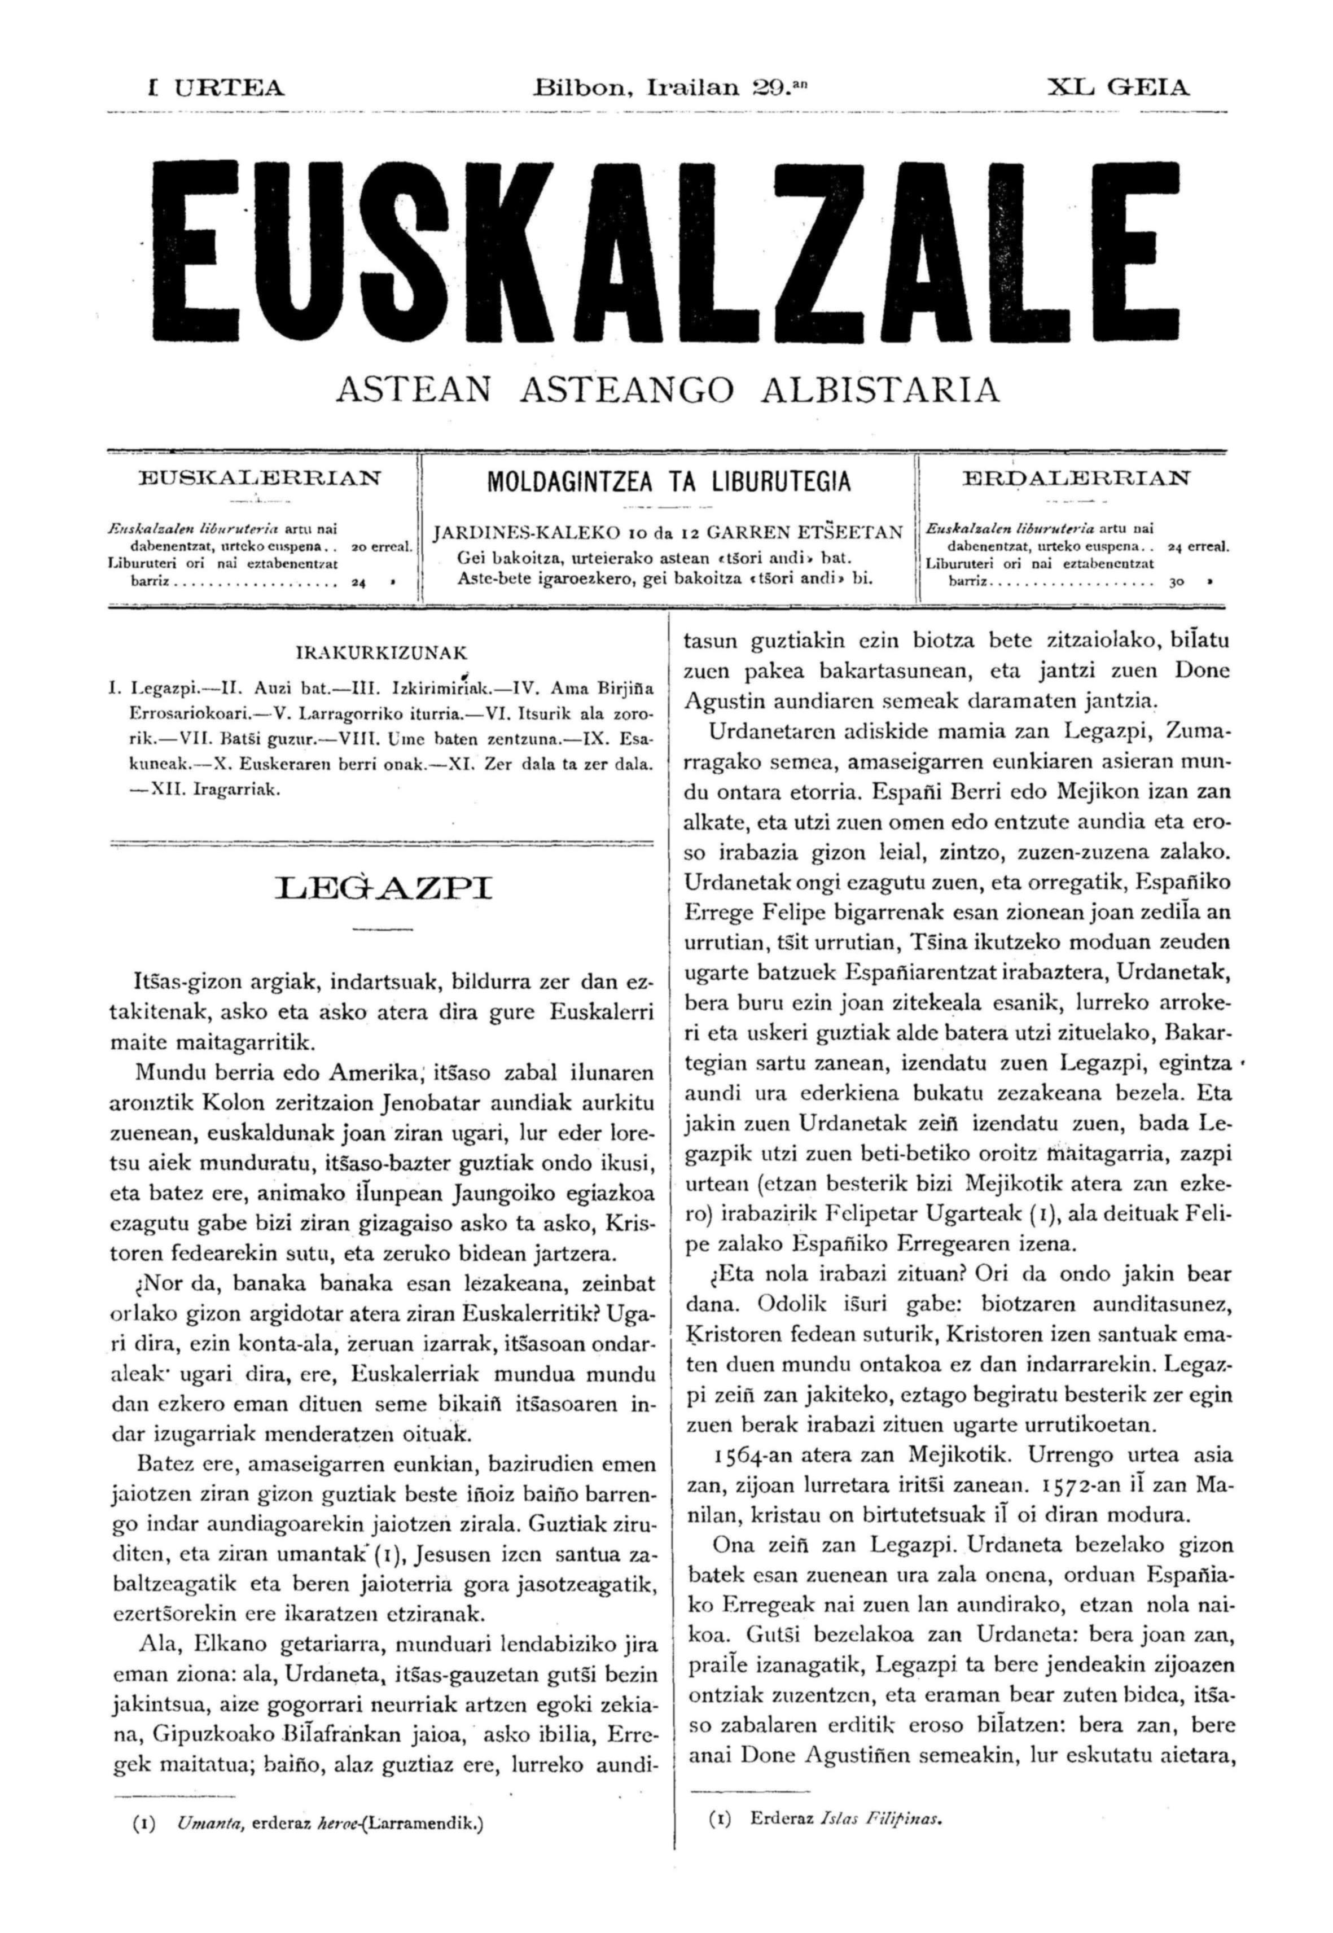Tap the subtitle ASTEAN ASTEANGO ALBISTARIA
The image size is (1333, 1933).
[666, 390]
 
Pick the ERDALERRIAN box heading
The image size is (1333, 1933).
[1077, 479]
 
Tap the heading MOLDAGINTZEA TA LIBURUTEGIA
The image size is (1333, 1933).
[668, 482]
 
